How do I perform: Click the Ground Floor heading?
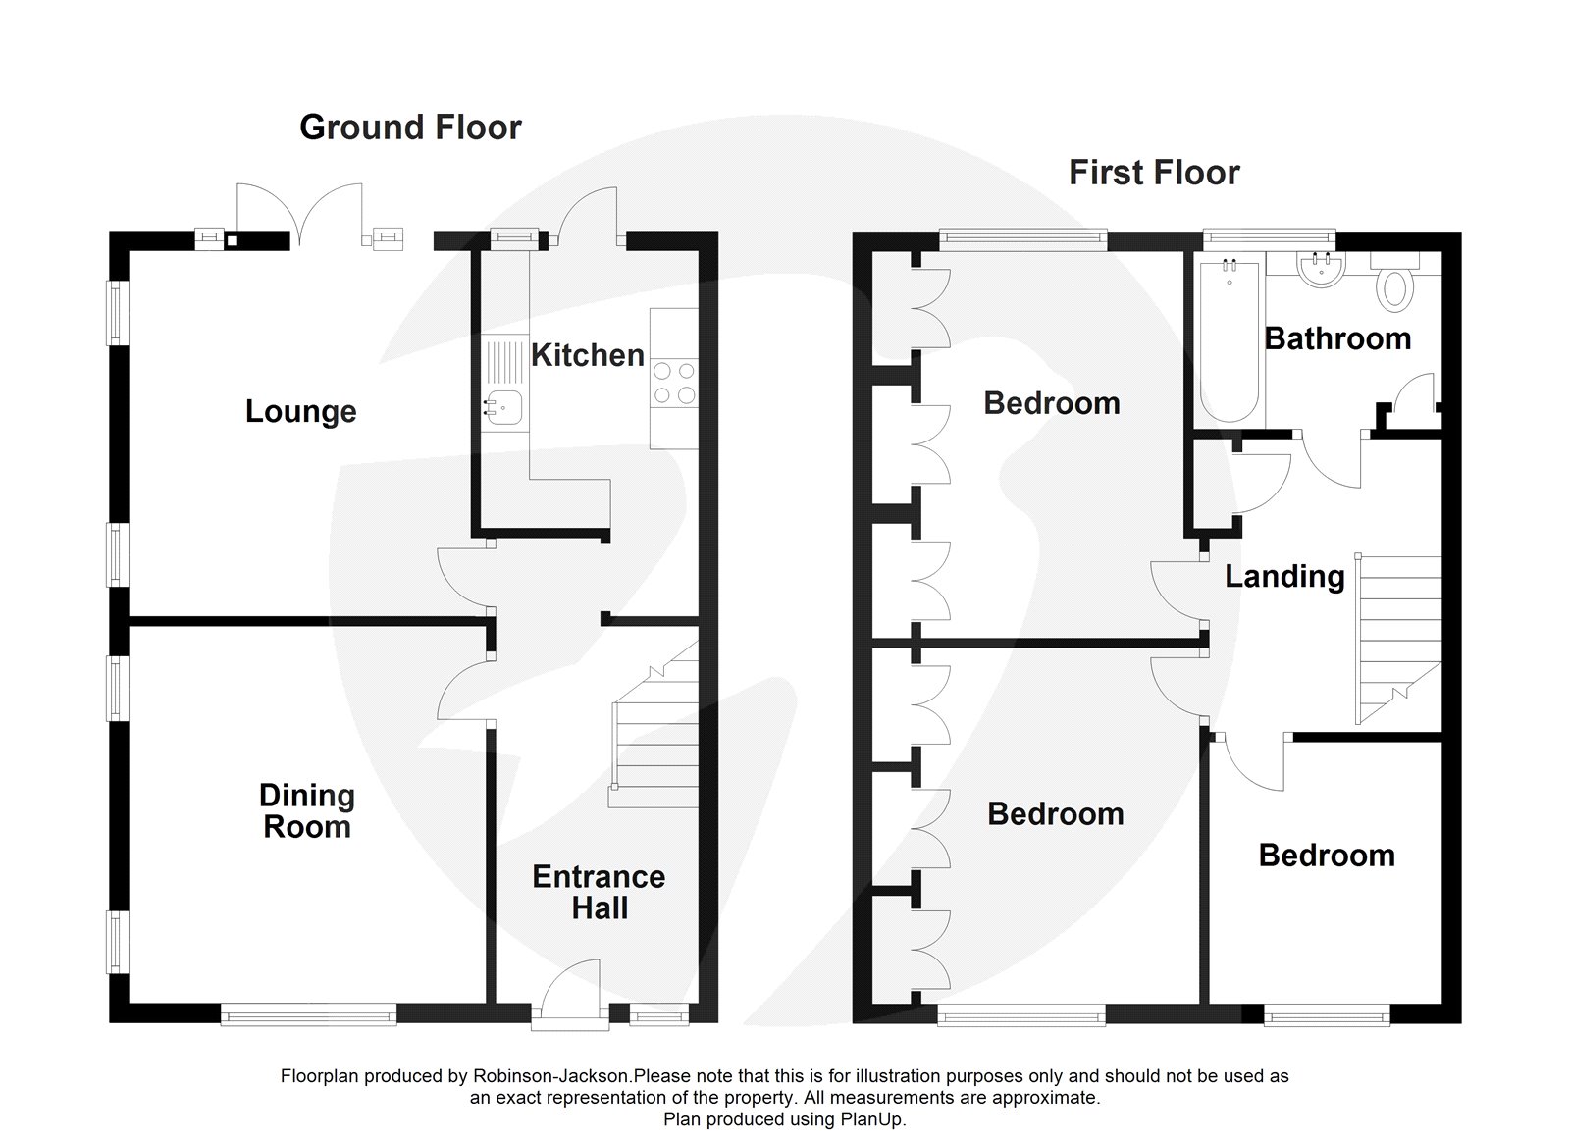tap(410, 128)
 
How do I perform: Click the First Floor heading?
tap(1154, 173)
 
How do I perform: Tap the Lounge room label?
tap(300, 411)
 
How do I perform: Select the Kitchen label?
tap(587, 355)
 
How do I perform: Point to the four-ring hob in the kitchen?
tap(674, 383)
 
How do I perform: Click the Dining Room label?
tap(307, 811)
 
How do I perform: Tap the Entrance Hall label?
tap(599, 892)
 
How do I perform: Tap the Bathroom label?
tap(1337, 338)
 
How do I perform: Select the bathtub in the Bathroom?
tap(1229, 338)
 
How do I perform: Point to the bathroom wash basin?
tap(1318, 271)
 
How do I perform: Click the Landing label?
tap(1284, 577)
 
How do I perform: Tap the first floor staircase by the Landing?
tap(1398, 638)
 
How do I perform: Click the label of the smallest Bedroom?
tap(1327, 856)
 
